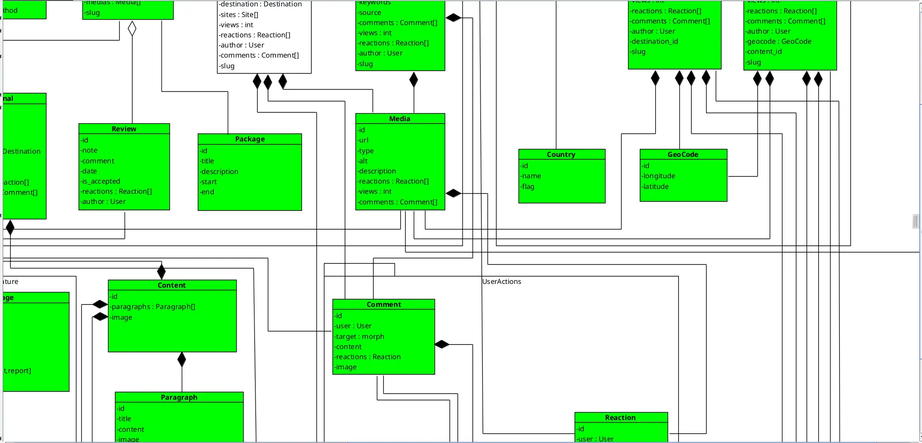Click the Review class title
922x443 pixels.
click(124, 129)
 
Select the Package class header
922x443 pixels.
click(250, 139)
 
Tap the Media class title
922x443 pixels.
click(400, 118)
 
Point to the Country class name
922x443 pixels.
click(561, 154)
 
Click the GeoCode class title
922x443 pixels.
click(683, 154)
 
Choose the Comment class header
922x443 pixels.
click(384, 304)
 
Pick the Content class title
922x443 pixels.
click(172, 285)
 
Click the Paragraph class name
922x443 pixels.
click(179, 397)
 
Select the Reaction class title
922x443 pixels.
click(620, 417)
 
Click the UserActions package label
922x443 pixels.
click(501, 281)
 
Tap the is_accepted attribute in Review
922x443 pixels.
click(101, 181)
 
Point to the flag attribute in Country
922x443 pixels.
click(528, 186)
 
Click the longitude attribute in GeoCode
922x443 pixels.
click(659, 176)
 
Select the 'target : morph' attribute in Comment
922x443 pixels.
click(360, 336)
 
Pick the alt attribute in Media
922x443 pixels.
click(363, 161)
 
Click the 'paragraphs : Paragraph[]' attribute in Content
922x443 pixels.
click(153, 306)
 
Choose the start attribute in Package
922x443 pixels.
click(208, 181)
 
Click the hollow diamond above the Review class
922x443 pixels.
click(132, 29)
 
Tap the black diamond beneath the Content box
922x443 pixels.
click(182, 360)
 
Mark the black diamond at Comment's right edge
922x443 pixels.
click(442, 344)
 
